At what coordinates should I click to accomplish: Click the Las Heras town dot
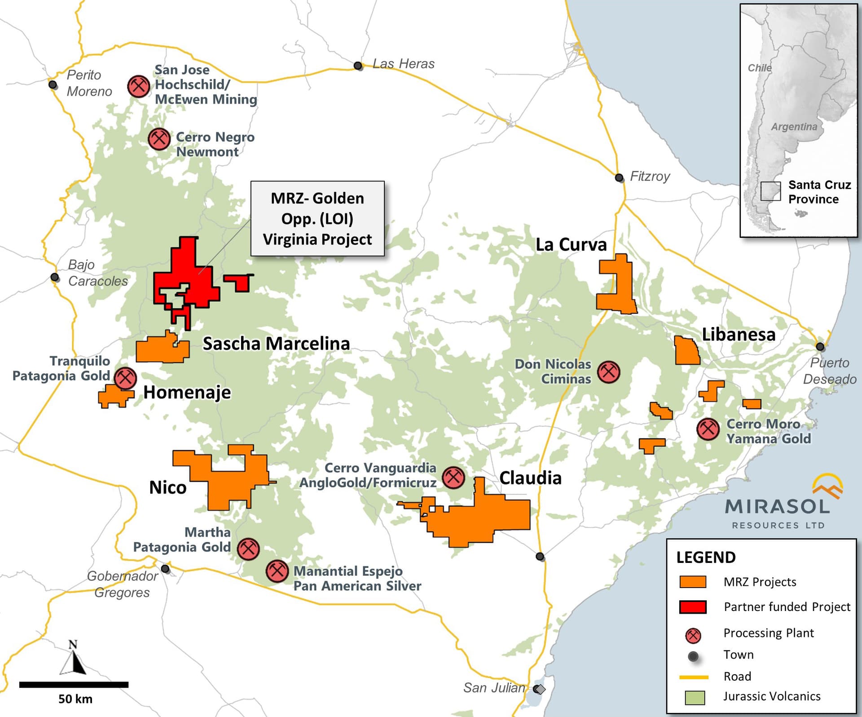[x=358, y=66]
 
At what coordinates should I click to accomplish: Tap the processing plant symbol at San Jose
[x=138, y=86]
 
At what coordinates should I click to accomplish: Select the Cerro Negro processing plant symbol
[x=159, y=139]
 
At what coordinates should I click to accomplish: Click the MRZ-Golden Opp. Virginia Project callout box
[x=317, y=219]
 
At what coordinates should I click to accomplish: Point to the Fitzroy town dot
[x=619, y=177]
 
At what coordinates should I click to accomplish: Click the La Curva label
[x=571, y=245]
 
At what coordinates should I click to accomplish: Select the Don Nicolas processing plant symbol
[x=609, y=372]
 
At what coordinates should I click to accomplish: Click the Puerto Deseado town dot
[x=820, y=346]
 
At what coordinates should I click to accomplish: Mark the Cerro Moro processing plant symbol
[x=708, y=429]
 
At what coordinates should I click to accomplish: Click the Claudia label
[x=530, y=478]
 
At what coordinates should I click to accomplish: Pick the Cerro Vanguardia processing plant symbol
[x=453, y=477]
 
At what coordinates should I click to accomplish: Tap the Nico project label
[x=167, y=487]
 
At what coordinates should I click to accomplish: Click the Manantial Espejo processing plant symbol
[x=277, y=571]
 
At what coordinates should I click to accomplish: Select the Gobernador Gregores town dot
[x=165, y=569]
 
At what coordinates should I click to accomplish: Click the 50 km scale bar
[x=74, y=685]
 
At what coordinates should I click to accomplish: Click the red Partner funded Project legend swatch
[x=693, y=607]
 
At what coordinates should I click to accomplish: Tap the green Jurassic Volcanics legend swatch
[x=695, y=697]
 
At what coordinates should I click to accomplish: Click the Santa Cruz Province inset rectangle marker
[x=770, y=191]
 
